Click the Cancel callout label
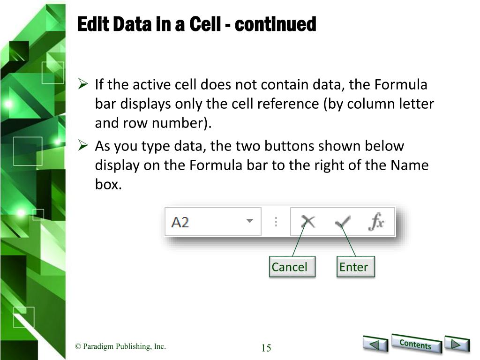pyautogui.click(x=292, y=267)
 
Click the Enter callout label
pyautogui.click(x=355, y=267)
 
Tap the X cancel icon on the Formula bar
pyautogui.click(x=308, y=222)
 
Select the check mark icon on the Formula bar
pyautogui.click(x=343, y=222)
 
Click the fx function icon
pyautogui.click(x=376, y=221)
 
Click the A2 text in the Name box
pyautogui.click(x=180, y=222)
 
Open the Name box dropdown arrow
pyautogui.click(x=250, y=220)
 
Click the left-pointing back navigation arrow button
pyautogui.click(x=375, y=344)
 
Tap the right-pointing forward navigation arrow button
pyautogui.click(x=457, y=344)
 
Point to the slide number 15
pyautogui.click(x=266, y=348)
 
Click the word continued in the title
pyautogui.click(x=275, y=24)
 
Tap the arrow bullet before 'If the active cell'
pyautogui.click(x=83, y=83)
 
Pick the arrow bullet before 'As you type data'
pyautogui.click(x=83, y=145)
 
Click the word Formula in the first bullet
pyautogui.click(x=401, y=84)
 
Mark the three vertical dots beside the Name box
pyautogui.click(x=276, y=222)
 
